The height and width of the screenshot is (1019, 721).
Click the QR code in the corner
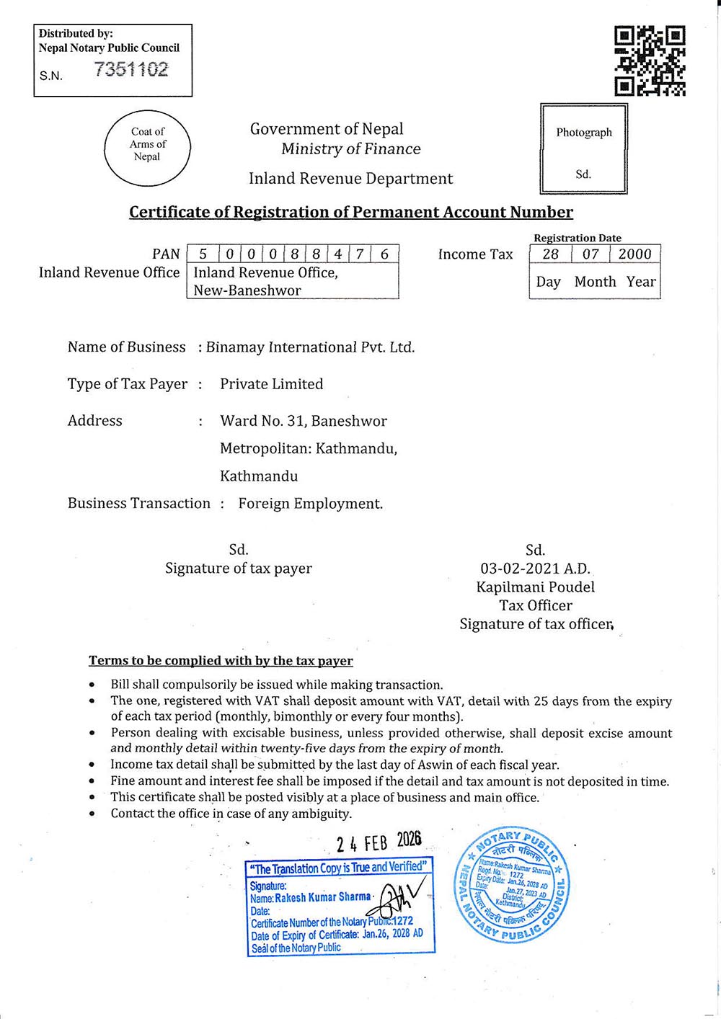(650, 61)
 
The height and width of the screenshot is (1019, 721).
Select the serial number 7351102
(131, 70)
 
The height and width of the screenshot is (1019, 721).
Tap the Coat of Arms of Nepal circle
(148, 148)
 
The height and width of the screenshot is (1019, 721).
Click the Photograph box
(583, 149)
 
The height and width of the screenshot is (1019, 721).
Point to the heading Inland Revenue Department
(350, 179)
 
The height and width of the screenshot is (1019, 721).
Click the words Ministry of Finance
(350, 149)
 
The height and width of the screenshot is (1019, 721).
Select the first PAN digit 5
(203, 254)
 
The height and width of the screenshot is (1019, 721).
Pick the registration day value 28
(550, 254)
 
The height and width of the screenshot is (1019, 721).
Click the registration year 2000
(634, 254)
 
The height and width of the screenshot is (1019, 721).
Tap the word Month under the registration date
(595, 282)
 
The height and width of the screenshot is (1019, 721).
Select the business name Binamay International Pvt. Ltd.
(310, 347)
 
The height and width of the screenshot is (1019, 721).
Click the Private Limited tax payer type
(271, 384)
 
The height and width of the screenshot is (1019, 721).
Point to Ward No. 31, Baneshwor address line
(304, 422)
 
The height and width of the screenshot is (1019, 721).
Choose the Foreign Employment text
(310, 504)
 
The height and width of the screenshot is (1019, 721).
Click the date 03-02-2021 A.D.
(535, 569)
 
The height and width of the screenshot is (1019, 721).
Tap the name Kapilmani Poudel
(535, 587)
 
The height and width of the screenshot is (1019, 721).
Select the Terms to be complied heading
(221, 661)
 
